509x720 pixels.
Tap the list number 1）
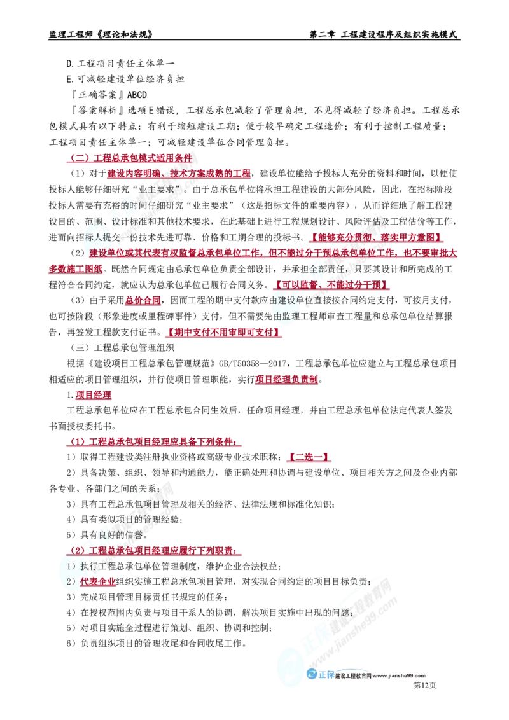71,565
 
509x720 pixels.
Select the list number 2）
71,581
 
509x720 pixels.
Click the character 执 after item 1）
85,565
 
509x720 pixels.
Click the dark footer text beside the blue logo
382,677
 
